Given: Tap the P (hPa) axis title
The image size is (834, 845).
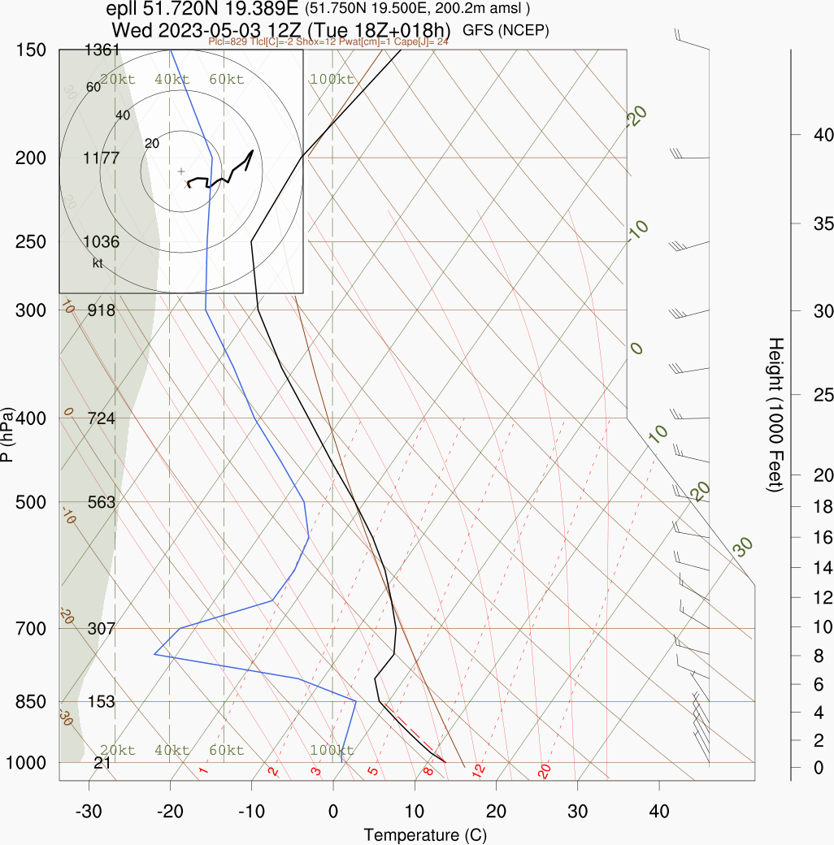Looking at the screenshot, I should tap(7, 435).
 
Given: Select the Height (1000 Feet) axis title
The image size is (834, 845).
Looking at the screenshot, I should tap(775, 414).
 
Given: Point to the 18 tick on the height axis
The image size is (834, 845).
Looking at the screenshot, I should tap(813, 507).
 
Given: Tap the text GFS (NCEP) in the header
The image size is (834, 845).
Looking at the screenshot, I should tap(506, 31).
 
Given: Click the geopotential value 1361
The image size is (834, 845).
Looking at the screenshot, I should tap(102, 50).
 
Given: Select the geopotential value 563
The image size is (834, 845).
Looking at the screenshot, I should tap(102, 502).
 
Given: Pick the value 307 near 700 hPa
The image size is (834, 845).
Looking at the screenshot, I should tap(102, 628).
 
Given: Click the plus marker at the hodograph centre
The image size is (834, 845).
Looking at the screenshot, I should tap(181, 171).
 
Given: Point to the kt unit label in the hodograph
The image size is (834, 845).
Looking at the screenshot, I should tap(98, 262).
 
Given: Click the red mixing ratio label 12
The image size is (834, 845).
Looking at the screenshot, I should tap(480, 769).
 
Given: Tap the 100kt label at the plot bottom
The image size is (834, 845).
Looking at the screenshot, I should tap(332, 750).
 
